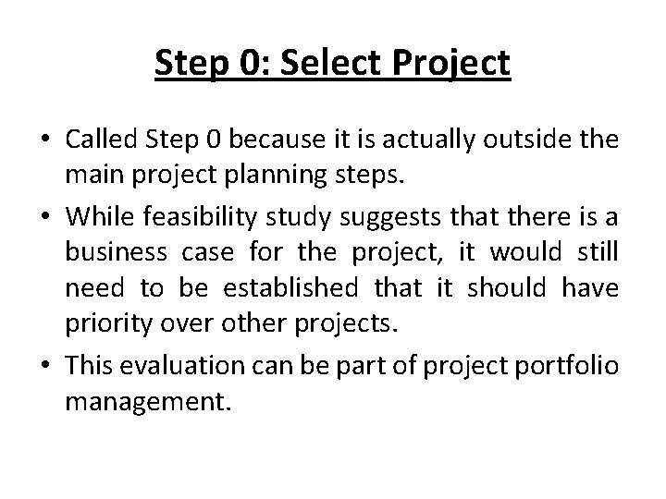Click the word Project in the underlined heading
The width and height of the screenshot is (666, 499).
(x=455, y=64)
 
